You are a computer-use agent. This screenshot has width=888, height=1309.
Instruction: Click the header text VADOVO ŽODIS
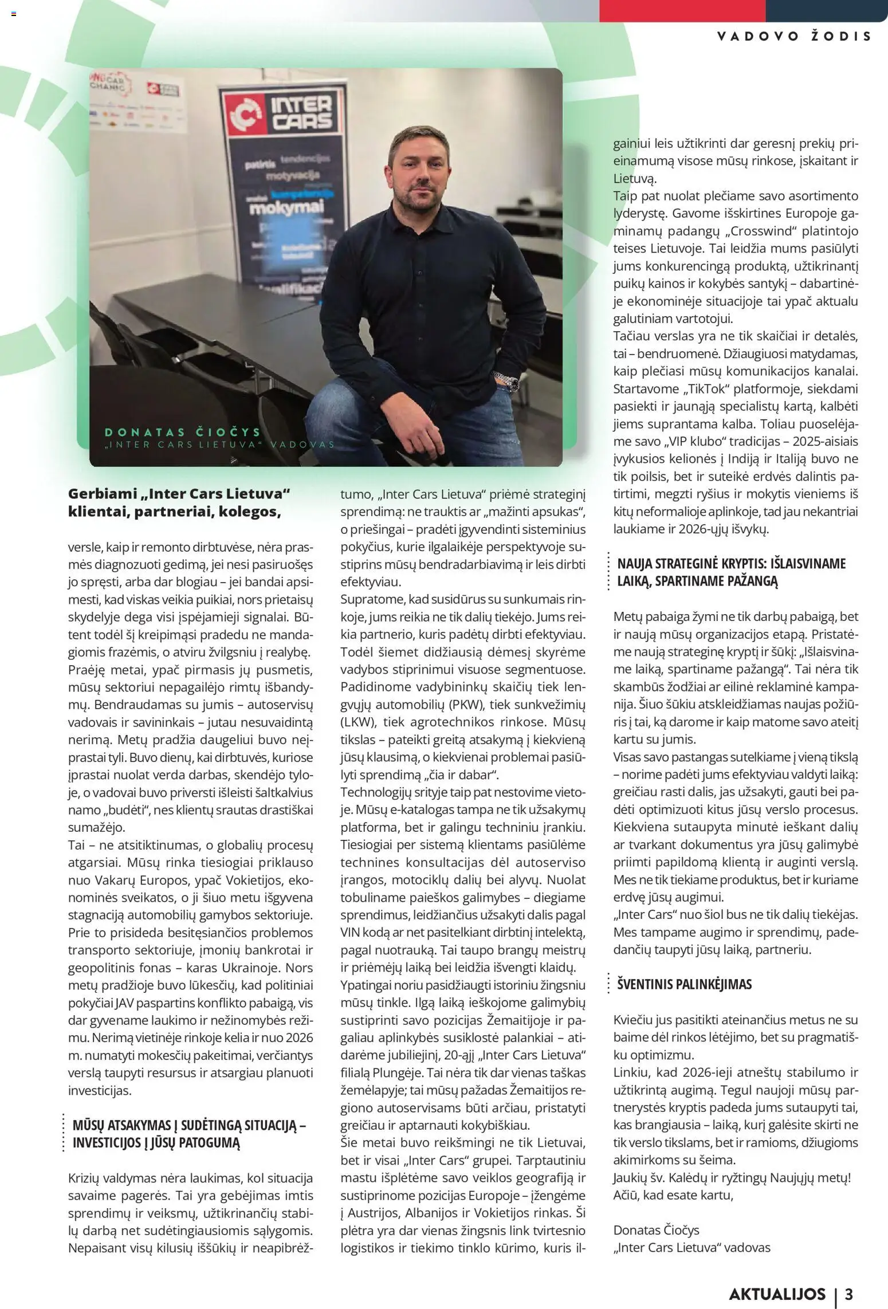pos(794,36)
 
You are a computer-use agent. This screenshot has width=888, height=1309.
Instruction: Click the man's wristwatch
pos(508,380)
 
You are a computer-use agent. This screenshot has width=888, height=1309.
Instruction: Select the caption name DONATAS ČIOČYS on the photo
pos(183,432)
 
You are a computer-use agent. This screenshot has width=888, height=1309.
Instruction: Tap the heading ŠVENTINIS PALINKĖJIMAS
pos(684,984)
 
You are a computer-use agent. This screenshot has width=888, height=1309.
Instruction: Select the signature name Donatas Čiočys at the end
pos(656,1230)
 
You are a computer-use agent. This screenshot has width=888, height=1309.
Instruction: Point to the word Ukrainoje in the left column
pos(251,968)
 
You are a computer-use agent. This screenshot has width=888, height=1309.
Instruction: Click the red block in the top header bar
pos(682,10)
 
